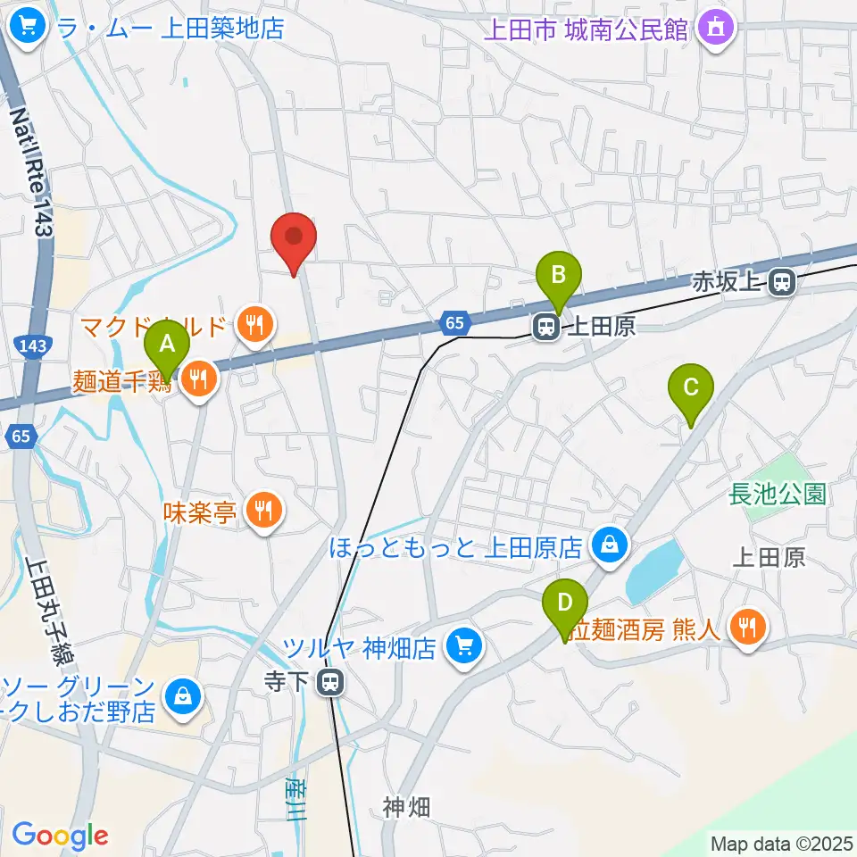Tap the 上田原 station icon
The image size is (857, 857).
545,328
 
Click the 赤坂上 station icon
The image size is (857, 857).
781,283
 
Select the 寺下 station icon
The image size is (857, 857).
330,684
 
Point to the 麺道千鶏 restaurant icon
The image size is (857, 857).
197,380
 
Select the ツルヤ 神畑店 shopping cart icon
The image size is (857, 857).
463,645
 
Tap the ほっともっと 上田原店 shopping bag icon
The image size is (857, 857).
610,545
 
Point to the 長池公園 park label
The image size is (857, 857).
778,493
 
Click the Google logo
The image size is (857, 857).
60,836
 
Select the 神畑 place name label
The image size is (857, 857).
406,807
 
